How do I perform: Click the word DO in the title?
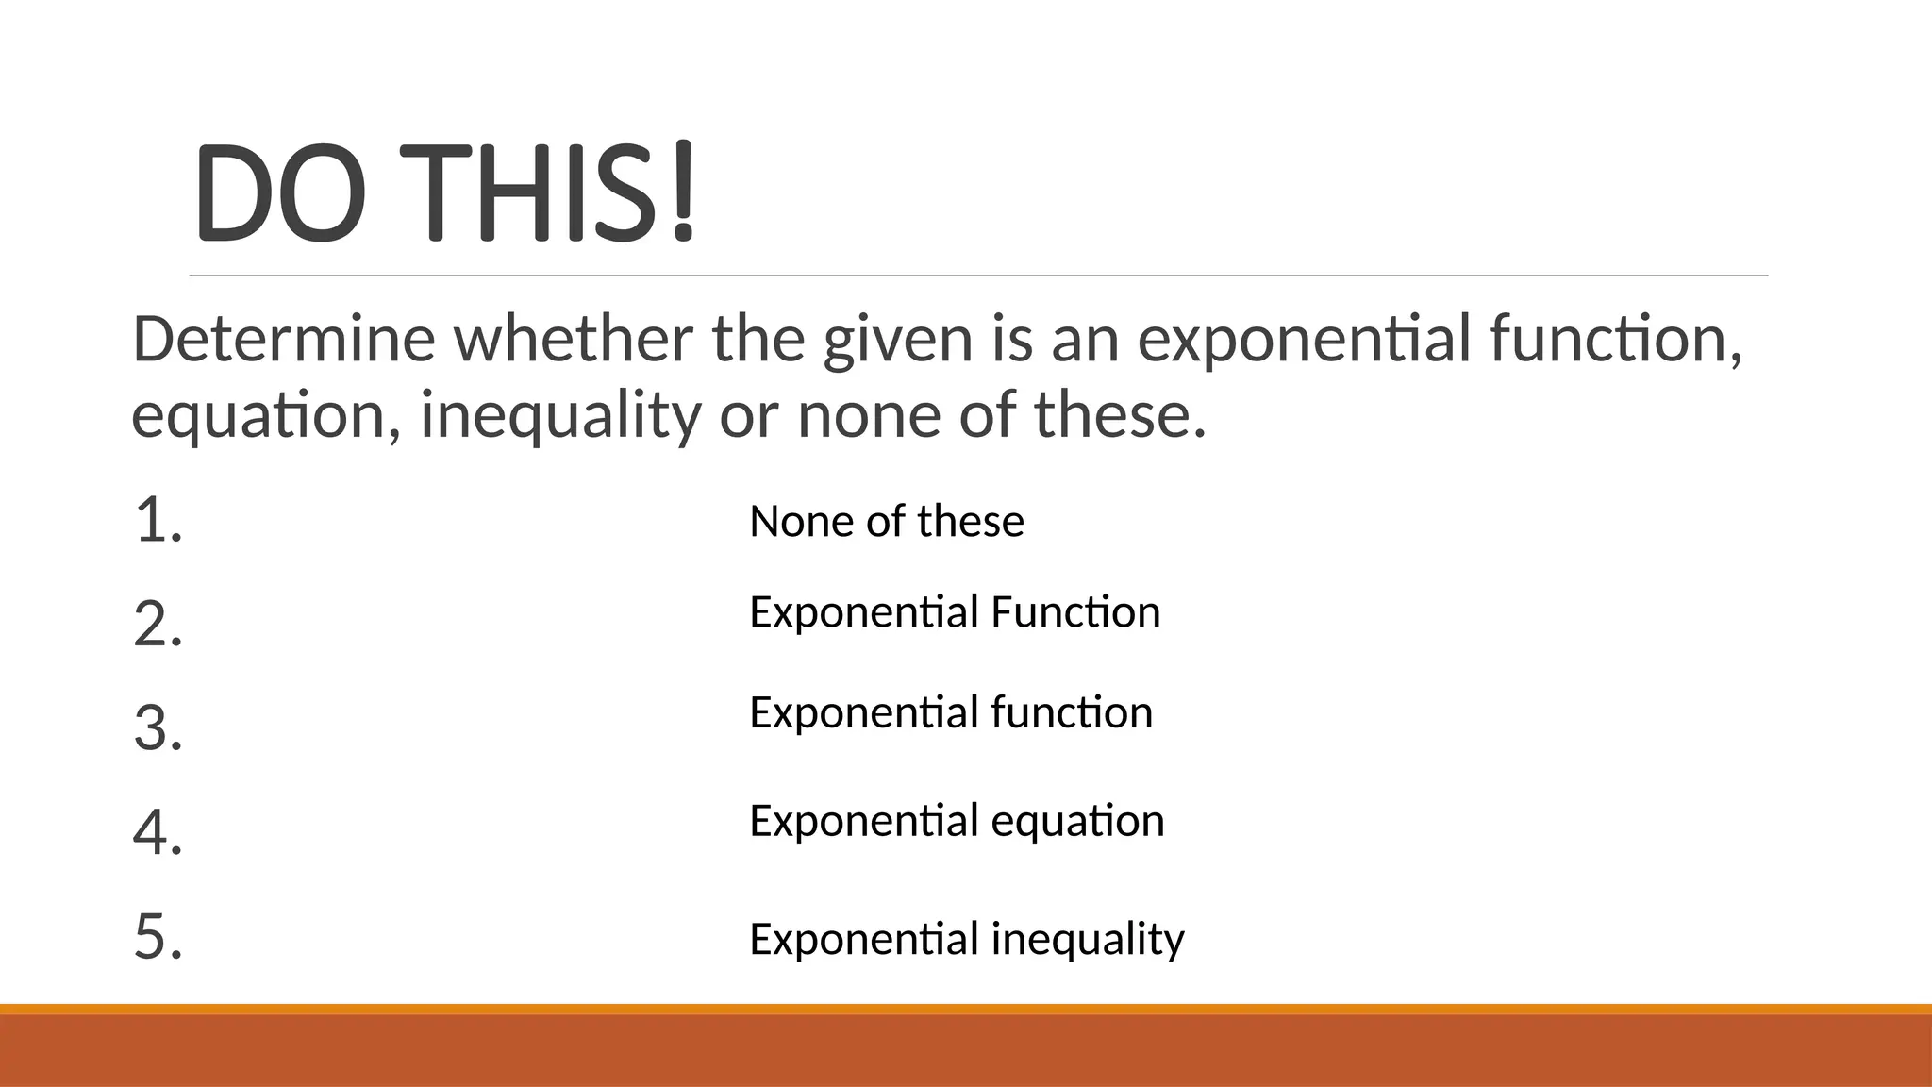279,192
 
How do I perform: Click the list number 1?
158,521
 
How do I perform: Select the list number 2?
158,624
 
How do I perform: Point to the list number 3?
158,728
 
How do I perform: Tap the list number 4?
158,832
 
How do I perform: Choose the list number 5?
158,937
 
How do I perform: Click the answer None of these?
886,521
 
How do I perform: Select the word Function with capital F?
1075,612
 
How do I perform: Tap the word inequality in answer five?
1088,940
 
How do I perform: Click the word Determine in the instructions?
284,339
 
